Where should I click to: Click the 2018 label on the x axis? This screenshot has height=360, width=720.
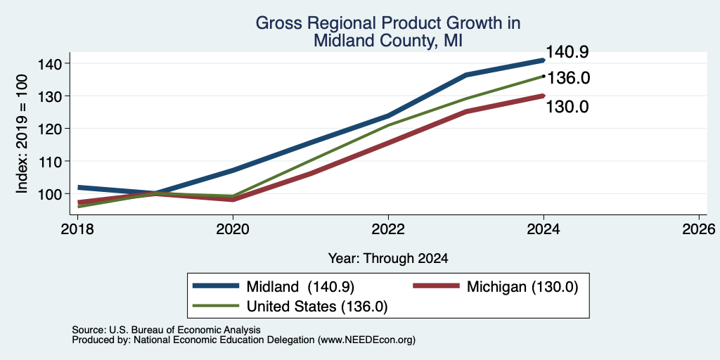pyautogui.click(x=77, y=229)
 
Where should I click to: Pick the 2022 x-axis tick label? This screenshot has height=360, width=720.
pyautogui.click(x=388, y=229)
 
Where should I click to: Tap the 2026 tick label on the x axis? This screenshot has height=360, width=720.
pyautogui.click(x=699, y=229)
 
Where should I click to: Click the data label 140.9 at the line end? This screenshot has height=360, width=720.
pyautogui.click(x=567, y=52)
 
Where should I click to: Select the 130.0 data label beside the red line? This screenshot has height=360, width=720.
pyautogui.click(x=567, y=107)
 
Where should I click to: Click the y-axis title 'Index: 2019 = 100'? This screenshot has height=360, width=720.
pyautogui.click(x=22, y=134)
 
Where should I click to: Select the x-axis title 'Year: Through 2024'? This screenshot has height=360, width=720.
pyautogui.click(x=388, y=259)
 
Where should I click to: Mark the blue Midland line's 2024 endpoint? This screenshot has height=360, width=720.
pyautogui.click(x=544, y=60)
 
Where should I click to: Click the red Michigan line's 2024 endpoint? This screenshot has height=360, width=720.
pyautogui.click(x=544, y=96)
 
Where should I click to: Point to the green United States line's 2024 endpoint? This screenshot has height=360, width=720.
pyautogui.click(x=544, y=76)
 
